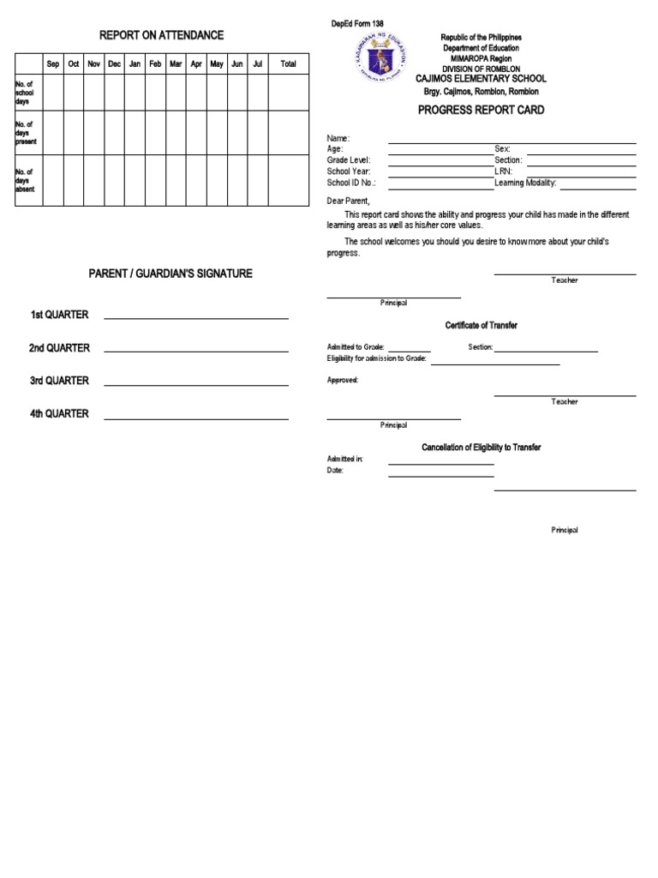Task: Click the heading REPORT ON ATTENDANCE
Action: click(161, 35)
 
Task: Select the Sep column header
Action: click(52, 64)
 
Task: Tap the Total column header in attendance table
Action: click(288, 64)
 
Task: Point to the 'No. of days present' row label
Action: click(26, 133)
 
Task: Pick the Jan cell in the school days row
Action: click(135, 93)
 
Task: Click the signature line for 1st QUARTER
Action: click(196, 318)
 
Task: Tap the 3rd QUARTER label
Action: click(59, 381)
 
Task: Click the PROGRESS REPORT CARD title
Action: click(481, 111)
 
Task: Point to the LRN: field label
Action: click(504, 171)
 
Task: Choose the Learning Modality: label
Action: click(525, 183)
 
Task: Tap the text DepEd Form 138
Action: click(357, 23)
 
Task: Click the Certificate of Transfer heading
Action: click(481, 326)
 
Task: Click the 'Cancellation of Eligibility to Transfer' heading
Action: click(481, 448)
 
